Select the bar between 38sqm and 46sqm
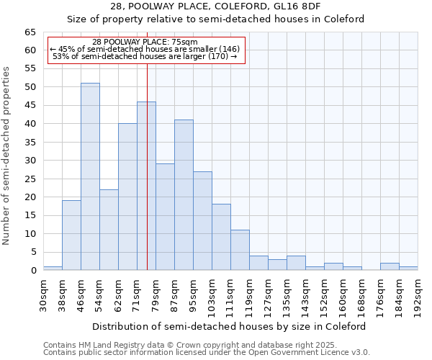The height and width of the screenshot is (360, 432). pos(71,235)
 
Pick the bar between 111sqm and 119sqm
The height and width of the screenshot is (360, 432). pos(240,250)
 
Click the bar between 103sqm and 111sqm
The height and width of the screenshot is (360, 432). pos(221,237)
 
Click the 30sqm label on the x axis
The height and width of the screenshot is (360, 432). pos(43,294)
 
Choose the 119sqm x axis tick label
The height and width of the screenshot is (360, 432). pos(249,294)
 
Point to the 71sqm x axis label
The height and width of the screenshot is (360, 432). pos(137,294)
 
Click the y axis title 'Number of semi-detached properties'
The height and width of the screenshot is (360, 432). pos(7,156)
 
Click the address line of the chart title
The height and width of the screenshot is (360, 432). pos(216,6)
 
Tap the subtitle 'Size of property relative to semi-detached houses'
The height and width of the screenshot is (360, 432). pos(216,19)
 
